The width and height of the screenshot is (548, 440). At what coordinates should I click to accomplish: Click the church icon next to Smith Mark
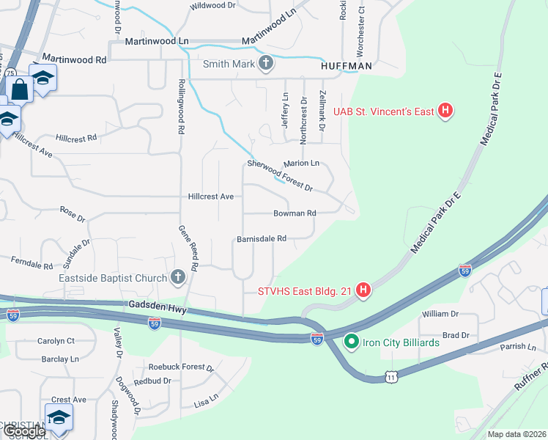(266, 64)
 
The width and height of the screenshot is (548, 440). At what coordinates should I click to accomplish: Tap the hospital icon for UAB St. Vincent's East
(445, 111)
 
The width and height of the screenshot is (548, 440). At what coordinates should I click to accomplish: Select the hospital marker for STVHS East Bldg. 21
(363, 291)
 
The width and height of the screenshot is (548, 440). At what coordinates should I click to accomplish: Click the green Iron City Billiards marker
(351, 342)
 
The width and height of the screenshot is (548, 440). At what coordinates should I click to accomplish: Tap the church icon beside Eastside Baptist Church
(177, 277)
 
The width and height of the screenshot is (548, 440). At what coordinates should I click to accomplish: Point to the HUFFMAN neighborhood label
(347, 65)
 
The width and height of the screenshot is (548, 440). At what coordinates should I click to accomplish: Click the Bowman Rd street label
(295, 213)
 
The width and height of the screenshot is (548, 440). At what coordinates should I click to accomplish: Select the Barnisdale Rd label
(261, 238)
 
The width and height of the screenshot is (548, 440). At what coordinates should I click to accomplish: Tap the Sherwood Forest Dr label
(280, 175)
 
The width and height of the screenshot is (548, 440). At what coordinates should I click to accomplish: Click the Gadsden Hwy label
(156, 307)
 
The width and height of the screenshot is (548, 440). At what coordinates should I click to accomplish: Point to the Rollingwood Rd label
(180, 106)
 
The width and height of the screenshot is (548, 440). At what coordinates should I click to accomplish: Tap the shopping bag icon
(20, 90)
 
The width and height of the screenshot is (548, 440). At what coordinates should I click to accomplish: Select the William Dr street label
(440, 314)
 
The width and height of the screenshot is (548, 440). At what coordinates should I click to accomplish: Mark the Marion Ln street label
(303, 163)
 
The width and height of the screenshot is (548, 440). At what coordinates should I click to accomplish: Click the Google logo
(23, 431)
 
